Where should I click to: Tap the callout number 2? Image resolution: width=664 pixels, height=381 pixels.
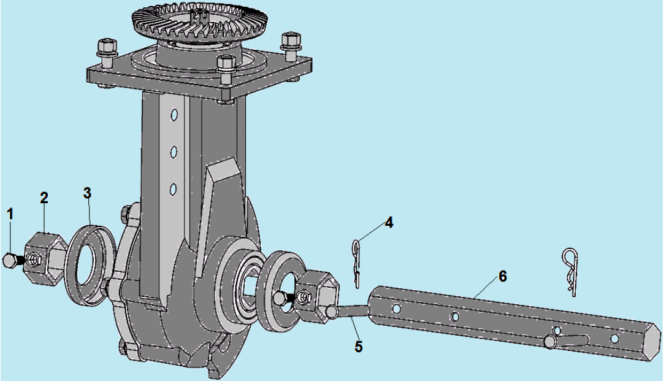[x=44, y=198]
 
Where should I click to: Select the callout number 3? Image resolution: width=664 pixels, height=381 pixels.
[x=87, y=193]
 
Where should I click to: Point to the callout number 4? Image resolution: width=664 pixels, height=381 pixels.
[x=389, y=223]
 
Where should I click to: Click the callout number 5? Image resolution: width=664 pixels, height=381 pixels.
[x=359, y=346]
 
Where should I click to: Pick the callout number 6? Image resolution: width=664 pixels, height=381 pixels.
[x=502, y=276]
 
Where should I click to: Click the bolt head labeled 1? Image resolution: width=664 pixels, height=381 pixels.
[x=9, y=260]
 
